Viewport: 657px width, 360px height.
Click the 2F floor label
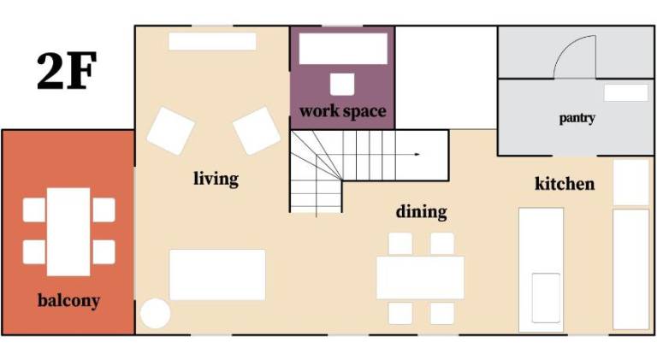click(x=67, y=71)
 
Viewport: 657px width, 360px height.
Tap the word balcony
click(x=68, y=300)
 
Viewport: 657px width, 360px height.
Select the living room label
click(x=216, y=179)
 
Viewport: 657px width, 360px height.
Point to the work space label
click(x=343, y=111)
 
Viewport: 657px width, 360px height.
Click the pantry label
click(x=577, y=118)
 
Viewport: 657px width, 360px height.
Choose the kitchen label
click(x=565, y=184)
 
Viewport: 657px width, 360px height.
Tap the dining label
click(x=421, y=212)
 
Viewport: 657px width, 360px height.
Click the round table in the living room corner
click(x=155, y=313)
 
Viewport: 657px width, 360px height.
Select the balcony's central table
click(x=68, y=232)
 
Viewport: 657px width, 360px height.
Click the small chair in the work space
click(x=342, y=84)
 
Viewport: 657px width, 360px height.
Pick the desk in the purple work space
click(x=343, y=49)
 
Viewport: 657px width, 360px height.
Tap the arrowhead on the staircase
click(x=417, y=155)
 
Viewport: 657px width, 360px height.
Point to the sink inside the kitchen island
click(x=546, y=298)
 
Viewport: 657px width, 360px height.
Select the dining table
click(x=420, y=278)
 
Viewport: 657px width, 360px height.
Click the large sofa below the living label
click(x=217, y=274)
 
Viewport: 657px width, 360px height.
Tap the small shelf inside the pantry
click(x=626, y=92)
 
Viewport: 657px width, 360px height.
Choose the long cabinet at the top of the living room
click(x=212, y=41)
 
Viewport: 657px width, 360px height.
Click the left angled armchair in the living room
click(x=170, y=131)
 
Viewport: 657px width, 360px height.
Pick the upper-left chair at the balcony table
click(x=34, y=210)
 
